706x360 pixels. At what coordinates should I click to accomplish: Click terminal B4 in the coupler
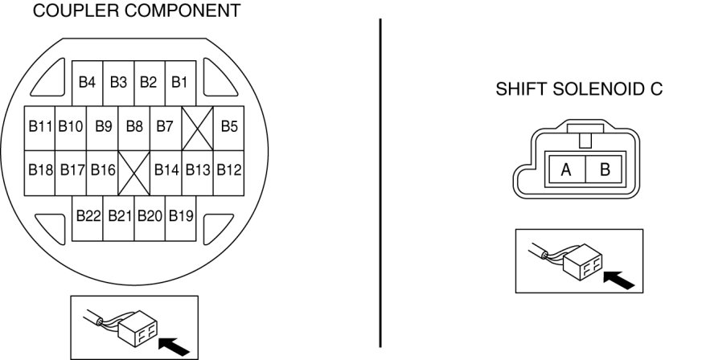point(87,82)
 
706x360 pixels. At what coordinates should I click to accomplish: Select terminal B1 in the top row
point(179,82)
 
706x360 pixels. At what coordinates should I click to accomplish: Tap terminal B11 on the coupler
point(40,126)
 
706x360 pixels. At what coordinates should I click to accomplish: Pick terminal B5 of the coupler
point(229,126)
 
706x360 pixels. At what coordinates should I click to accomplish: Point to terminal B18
point(40,170)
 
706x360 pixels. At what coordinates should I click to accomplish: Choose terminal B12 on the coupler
point(229,170)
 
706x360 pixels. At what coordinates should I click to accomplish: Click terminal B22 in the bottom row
point(88,215)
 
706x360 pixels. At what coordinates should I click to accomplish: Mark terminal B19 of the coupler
point(181,215)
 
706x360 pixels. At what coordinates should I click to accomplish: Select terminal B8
point(134,126)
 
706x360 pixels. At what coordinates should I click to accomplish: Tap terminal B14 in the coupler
point(166,170)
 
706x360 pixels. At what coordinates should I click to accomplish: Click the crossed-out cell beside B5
point(197,127)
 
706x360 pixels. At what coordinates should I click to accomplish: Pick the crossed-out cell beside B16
point(134,171)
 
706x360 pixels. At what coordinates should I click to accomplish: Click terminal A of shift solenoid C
point(566,170)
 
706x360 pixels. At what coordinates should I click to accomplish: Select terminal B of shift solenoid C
point(605,170)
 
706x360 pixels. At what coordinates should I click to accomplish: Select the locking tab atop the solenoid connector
point(585,137)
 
